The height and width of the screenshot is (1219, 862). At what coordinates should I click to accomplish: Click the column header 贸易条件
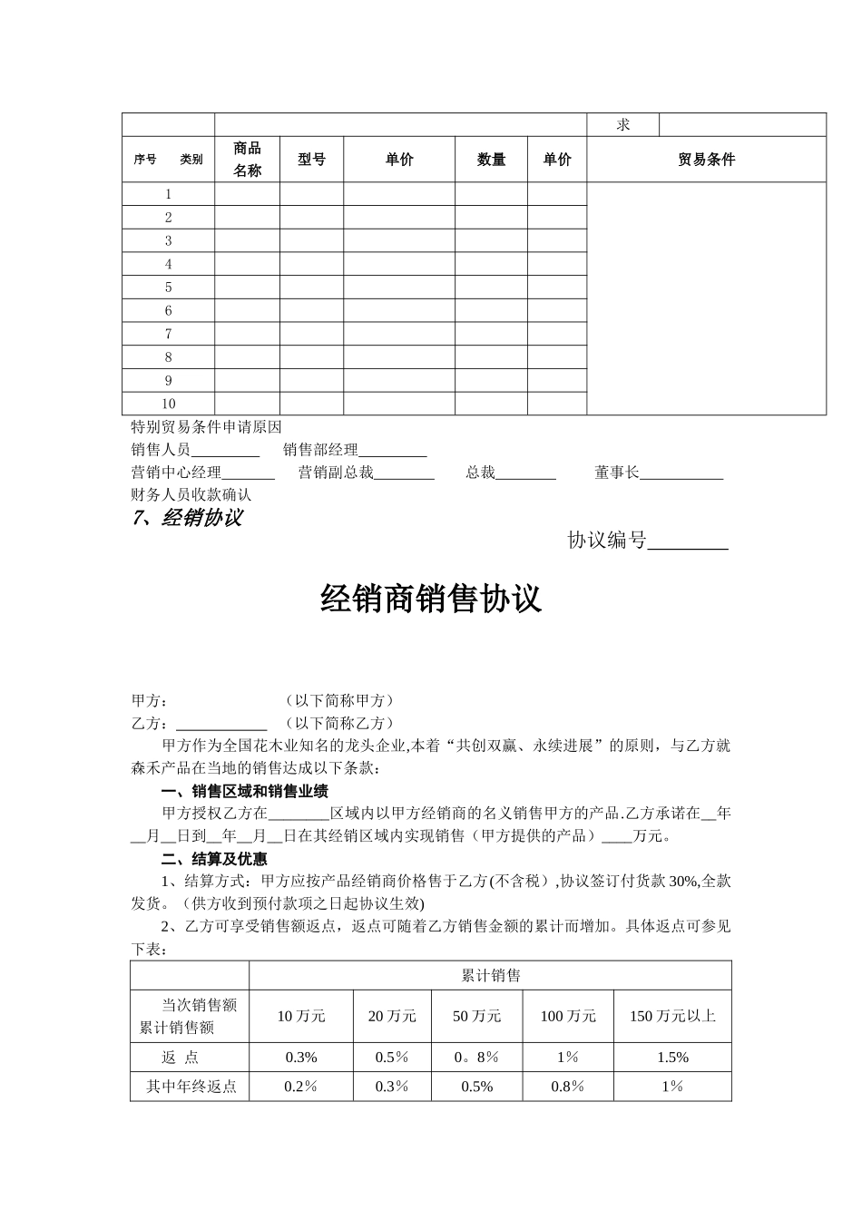click(x=706, y=160)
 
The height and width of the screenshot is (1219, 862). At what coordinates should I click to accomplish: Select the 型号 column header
click(x=311, y=160)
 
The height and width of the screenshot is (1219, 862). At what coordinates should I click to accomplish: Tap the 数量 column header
click(x=491, y=160)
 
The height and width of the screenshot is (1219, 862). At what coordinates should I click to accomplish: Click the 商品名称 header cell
click(x=247, y=160)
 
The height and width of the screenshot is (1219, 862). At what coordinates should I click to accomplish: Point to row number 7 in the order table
click(x=168, y=334)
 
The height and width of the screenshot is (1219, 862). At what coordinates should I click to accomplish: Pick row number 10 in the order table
click(x=168, y=404)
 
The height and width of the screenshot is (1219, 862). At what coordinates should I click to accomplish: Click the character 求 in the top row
click(x=622, y=125)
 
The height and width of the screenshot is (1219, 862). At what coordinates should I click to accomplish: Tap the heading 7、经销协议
click(x=187, y=518)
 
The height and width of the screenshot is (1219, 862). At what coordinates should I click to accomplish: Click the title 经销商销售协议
click(x=431, y=599)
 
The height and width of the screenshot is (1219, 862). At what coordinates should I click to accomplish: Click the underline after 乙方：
click(x=220, y=725)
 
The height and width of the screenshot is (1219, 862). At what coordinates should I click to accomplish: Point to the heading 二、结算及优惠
click(x=214, y=858)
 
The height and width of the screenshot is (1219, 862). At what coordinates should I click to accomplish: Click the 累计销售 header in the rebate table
click(x=490, y=976)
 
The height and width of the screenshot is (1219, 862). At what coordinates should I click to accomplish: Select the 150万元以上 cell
click(x=672, y=1016)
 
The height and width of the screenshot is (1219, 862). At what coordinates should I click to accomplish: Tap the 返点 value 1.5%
click(x=672, y=1058)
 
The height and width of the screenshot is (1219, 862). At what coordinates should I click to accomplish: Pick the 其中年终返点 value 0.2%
click(x=300, y=1087)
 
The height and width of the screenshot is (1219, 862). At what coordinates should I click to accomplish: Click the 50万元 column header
click(x=477, y=1016)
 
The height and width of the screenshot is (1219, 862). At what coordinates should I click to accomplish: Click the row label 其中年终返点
click(x=191, y=1087)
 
